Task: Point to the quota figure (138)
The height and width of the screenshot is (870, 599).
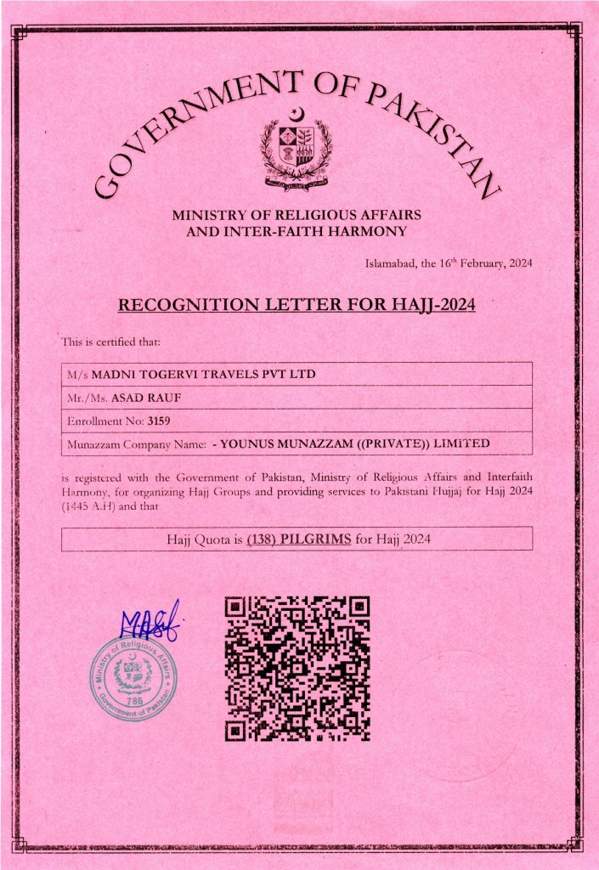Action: (x=262, y=539)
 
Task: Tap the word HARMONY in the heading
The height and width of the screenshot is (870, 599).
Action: (x=368, y=230)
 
